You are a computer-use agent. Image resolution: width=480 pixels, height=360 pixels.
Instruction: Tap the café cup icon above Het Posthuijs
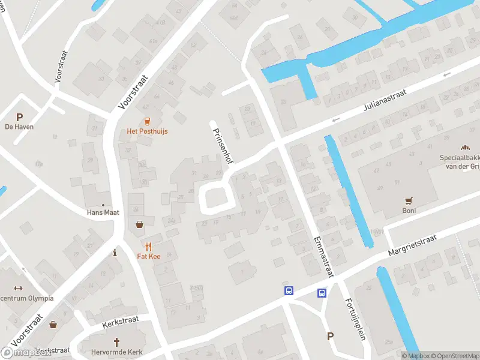[148, 121]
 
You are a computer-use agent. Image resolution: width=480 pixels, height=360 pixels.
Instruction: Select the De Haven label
[19, 127]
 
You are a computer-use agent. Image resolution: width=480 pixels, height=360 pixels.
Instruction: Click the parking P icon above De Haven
[19, 117]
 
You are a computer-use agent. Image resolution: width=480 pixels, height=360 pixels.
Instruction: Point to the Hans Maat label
[103, 212]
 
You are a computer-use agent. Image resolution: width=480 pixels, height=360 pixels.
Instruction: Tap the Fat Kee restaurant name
[148, 256]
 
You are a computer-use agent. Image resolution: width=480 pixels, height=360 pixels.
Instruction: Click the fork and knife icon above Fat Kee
[148, 246]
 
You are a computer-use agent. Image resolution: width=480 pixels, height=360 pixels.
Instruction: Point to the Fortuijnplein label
[355, 319]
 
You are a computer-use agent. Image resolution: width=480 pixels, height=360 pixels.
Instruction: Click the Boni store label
[409, 211]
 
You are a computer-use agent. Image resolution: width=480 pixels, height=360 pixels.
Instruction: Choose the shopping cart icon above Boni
[409, 201]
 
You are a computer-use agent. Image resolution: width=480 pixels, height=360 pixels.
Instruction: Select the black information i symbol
[115, 253]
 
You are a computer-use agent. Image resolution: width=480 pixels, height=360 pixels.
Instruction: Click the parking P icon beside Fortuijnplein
[330, 336]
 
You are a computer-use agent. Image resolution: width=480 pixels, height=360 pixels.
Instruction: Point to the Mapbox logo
[27, 353]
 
